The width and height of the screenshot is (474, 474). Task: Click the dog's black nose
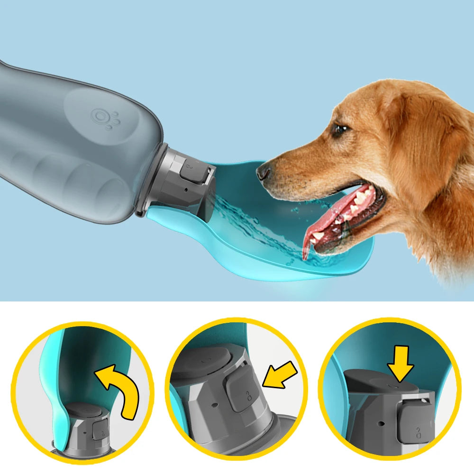tap(264, 171)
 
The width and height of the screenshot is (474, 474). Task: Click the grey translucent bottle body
tap(62, 142)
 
